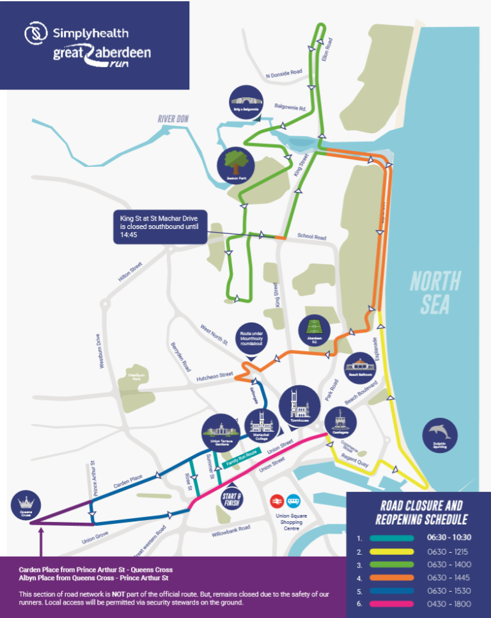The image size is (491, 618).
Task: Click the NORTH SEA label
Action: click(x=435, y=292)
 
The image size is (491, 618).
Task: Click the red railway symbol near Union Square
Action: click(x=277, y=500)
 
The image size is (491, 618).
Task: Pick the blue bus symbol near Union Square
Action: click(x=295, y=500)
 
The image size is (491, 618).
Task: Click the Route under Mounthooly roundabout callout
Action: click(x=253, y=338)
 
